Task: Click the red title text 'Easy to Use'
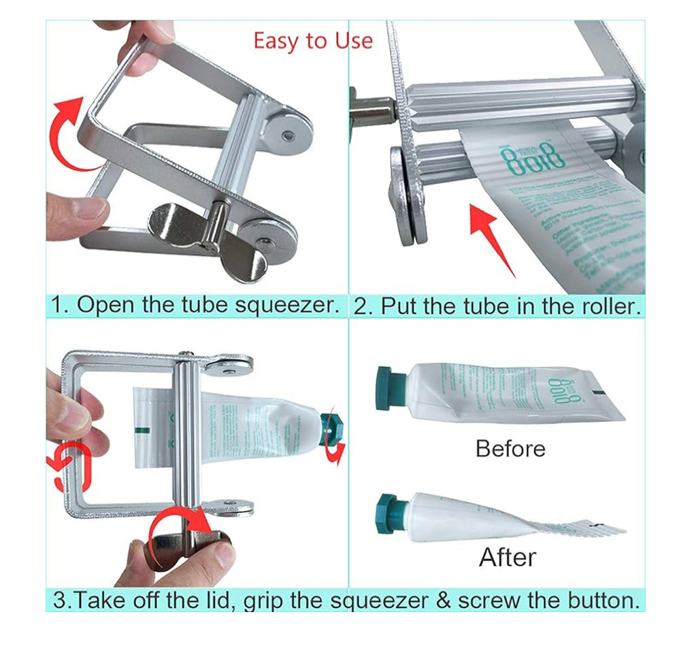point(313,40)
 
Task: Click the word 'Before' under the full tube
point(510,449)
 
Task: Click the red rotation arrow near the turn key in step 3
point(180,528)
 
